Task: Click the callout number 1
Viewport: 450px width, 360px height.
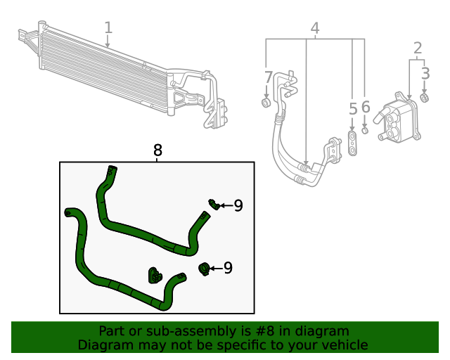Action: coord(108,28)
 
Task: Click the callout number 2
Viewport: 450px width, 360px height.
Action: coord(418,48)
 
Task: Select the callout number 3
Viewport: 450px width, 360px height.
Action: coord(425,72)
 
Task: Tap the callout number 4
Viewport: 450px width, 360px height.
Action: coord(315,29)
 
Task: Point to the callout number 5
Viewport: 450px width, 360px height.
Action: coord(353,109)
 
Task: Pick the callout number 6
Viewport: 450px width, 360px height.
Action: coord(366,108)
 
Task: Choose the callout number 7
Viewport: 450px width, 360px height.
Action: coord(267,77)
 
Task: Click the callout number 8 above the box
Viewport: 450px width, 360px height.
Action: coord(157,150)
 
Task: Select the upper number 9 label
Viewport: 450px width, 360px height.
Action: coord(238,205)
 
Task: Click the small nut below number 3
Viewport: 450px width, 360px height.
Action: coord(425,96)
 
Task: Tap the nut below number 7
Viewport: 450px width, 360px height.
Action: coord(266,103)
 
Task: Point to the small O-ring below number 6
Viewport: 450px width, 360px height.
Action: coord(365,130)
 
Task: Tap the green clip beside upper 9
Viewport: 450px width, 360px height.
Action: coord(213,204)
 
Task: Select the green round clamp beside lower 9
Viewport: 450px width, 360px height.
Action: coord(205,268)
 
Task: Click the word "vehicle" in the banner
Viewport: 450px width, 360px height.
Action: coord(342,345)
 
